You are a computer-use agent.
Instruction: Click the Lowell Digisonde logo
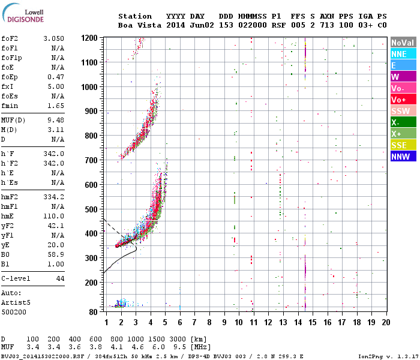click(x=23, y=13)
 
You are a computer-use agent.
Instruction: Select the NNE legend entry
click(x=403, y=54)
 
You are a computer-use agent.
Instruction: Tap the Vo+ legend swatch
click(x=403, y=100)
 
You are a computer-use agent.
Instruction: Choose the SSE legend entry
click(x=403, y=145)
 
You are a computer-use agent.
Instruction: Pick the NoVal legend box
click(x=403, y=43)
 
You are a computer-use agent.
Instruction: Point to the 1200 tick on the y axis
click(x=89, y=38)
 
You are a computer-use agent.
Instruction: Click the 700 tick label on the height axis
click(x=91, y=160)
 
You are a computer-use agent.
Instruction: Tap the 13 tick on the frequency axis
click(x=283, y=322)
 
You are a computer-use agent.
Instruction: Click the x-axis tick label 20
click(x=386, y=322)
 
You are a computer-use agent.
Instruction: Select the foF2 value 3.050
click(x=54, y=38)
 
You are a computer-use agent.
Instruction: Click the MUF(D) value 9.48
click(x=56, y=120)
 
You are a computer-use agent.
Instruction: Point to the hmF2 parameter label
click(x=10, y=197)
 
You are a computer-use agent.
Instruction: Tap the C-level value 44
click(x=60, y=278)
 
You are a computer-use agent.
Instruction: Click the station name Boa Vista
click(x=140, y=25)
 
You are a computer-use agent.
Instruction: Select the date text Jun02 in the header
click(x=202, y=25)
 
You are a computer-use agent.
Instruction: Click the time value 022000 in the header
click(x=253, y=25)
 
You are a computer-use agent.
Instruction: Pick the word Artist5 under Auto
click(x=16, y=302)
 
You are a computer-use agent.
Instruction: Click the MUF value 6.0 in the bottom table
click(x=158, y=347)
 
